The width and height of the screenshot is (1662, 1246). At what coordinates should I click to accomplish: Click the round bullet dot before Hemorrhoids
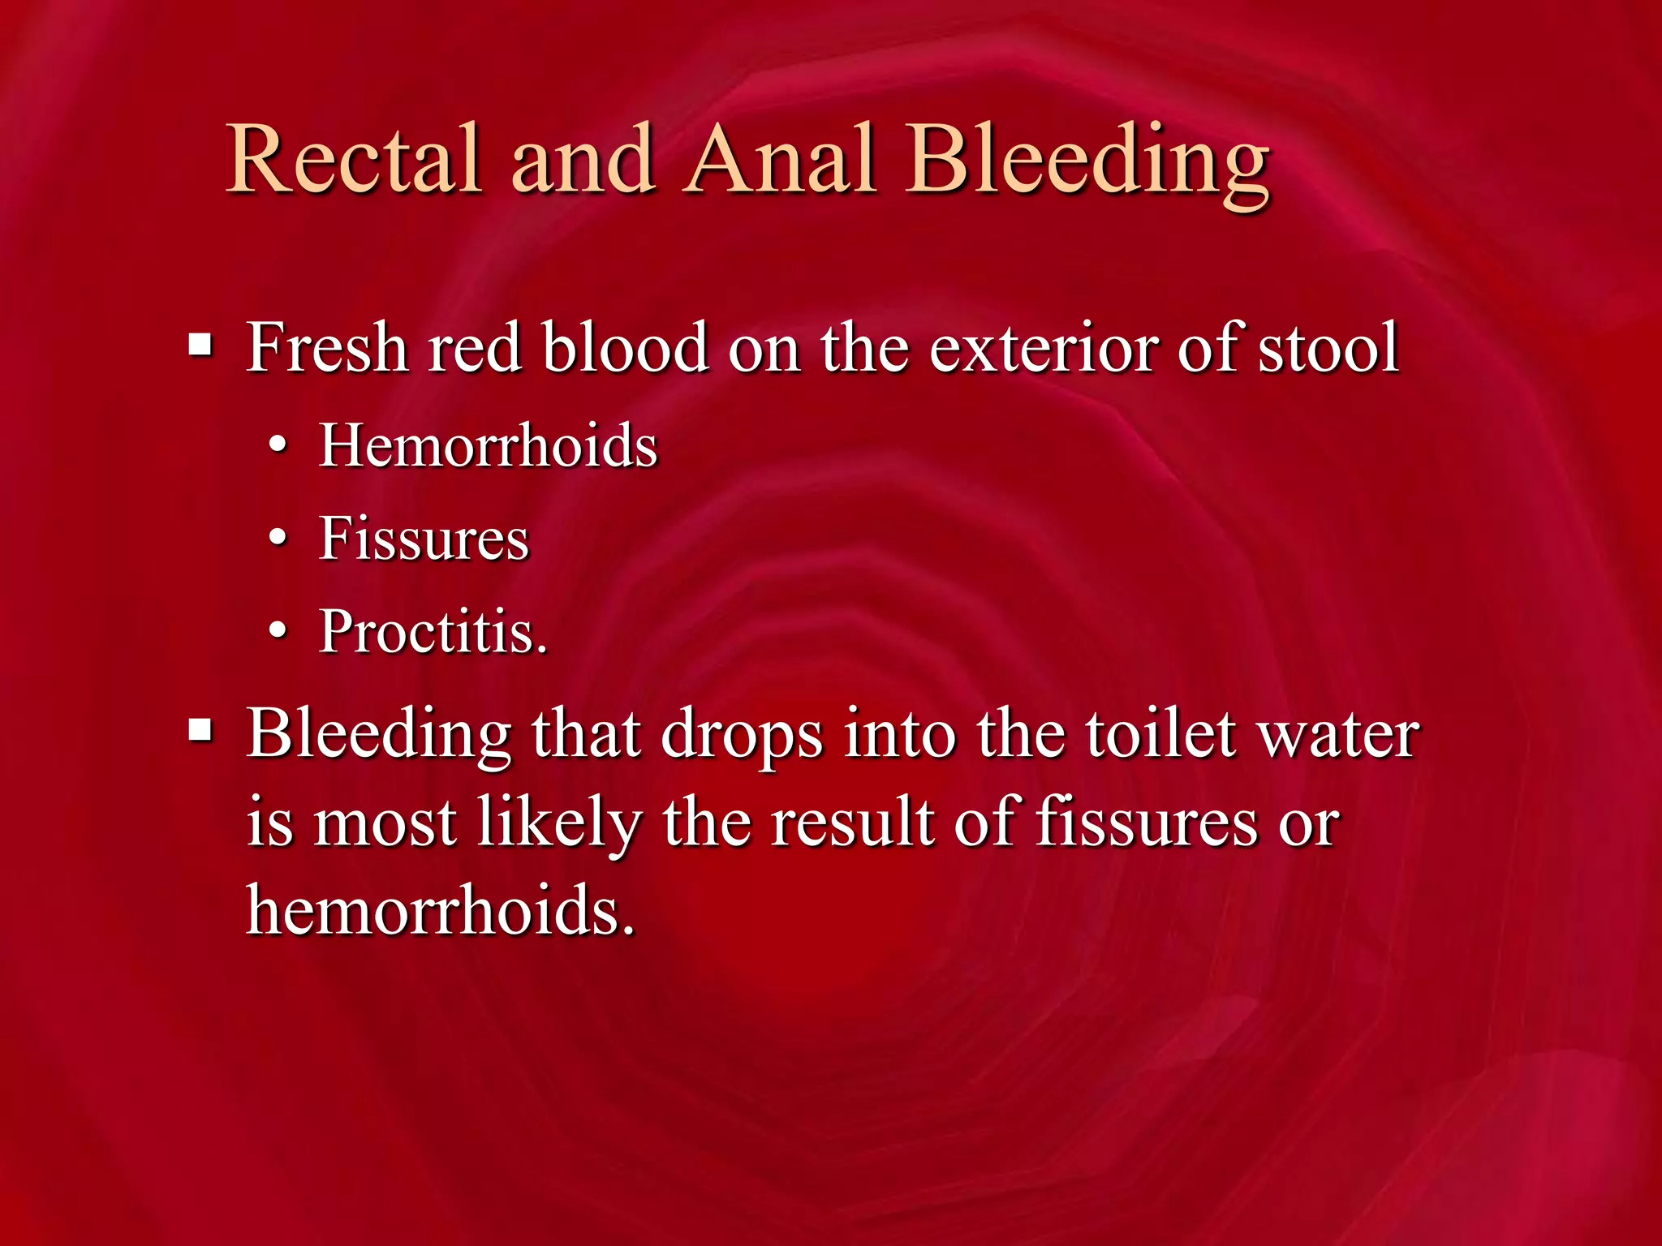click(278, 446)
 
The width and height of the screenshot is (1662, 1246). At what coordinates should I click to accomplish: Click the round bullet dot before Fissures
click(278, 538)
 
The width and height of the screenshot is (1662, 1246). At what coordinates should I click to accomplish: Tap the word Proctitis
click(433, 631)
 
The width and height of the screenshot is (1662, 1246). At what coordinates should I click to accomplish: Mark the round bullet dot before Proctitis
click(278, 631)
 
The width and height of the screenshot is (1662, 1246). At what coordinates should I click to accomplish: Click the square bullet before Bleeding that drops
click(200, 732)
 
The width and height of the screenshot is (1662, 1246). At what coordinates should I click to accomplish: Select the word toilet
click(1161, 733)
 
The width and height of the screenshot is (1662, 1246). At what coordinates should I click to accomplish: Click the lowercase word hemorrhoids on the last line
click(439, 910)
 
